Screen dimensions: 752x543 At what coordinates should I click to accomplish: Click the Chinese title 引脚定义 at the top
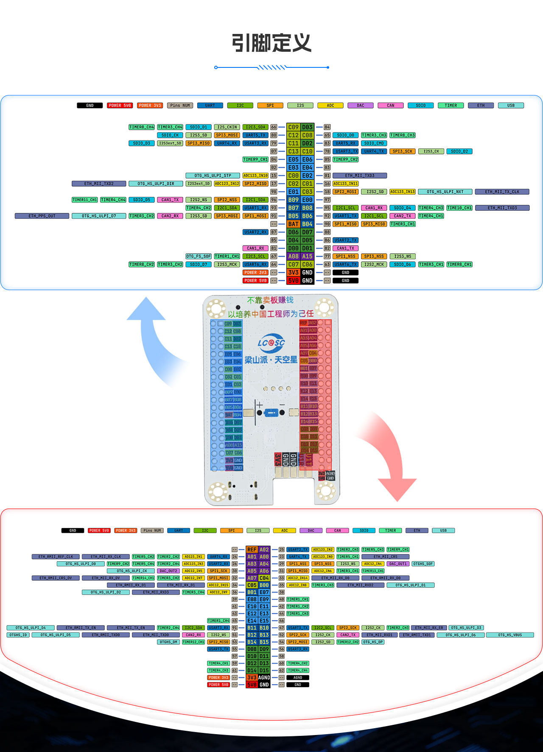pyautogui.click(x=271, y=43)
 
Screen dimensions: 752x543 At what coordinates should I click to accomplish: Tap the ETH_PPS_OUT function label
pyautogui.click(x=42, y=216)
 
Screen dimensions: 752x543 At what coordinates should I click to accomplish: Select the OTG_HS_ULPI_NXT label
pyautogui.click(x=445, y=192)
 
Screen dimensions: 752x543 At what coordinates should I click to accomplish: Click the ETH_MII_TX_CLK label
pyautogui.click(x=502, y=192)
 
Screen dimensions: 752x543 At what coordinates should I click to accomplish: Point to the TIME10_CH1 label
pyautogui.click(x=459, y=208)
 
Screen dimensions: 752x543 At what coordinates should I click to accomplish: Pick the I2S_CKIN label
pyautogui.click(x=227, y=127)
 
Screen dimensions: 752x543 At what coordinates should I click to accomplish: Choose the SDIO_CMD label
pyautogui.click(x=374, y=143)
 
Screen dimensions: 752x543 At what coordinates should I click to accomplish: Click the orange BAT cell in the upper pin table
pyautogui.click(x=294, y=224)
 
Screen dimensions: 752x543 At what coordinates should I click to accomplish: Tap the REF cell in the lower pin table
pyautogui.click(x=252, y=549)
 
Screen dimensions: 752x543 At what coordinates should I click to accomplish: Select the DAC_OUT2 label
pyautogui.click(x=168, y=571)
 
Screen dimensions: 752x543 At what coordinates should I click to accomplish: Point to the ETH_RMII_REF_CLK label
pyautogui.click(x=56, y=556)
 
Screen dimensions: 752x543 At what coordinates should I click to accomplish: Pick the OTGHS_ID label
pyautogui.click(x=18, y=635)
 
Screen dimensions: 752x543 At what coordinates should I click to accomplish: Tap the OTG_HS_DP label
pyautogui.click(x=373, y=642)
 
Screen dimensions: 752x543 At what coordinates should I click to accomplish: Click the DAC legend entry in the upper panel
pyautogui.click(x=360, y=105)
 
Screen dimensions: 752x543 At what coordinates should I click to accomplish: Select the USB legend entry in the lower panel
pyautogui.click(x=443, y=530)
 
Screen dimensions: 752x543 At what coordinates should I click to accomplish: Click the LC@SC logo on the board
pyautogui.click(x=271, y=342)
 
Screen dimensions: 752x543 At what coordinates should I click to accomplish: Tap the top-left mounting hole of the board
pyautogui.click(x=216, y=308)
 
